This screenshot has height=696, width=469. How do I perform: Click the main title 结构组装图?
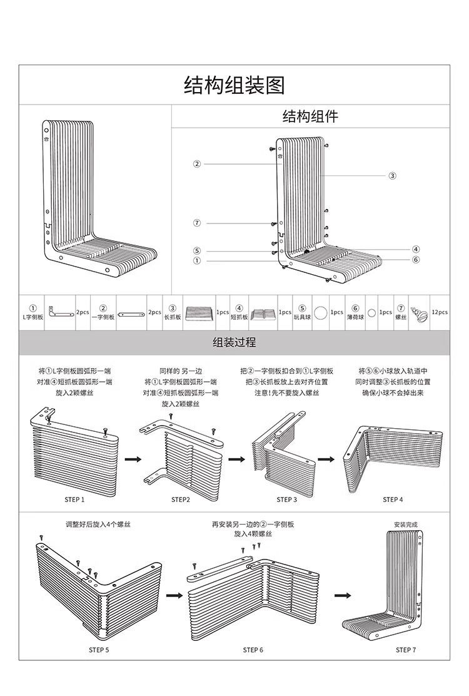pyautogui.click(x=234, y=84)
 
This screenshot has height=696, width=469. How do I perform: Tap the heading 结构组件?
pyautogui.click(x=311, y=116)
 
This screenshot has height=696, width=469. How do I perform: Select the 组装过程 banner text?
pyautogui.click(x=234, y=343)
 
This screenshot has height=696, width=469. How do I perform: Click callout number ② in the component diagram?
pyautogui.click(x=197, y=164)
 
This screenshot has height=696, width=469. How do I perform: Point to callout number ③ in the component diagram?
pyautogui.click(x=392, y=176)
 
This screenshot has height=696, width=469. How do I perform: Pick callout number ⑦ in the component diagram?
pyautogui.click(x=197, y=223)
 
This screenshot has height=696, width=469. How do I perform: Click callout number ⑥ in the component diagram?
pyautogui.click(x=416, y=259)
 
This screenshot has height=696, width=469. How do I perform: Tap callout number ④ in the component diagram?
pyautogui.click(x=416, y=249)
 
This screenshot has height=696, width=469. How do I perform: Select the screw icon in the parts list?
pyautogui.click(x=419, y=312)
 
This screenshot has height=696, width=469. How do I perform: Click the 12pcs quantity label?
pyautogui.click(x=439, y=312)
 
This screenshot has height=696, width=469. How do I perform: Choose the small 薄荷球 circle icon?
pyautogui.click(x=371, y=312)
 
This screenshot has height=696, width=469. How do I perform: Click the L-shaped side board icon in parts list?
pyautogui.click(x=61, y=312)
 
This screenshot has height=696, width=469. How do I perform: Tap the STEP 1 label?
pyautogui.click(x=74, y=499)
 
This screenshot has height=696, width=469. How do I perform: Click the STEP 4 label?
pyautogui.click(x=393, y=499)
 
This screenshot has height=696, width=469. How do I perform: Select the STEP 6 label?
pyautogui.click(x=253, y=650)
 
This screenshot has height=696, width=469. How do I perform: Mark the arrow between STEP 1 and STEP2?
pyautogui.click(x=132, y=459)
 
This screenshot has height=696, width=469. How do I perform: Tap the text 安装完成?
pyautogui.click(x=405, y=525)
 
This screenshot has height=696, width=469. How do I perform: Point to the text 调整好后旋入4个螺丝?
pyautogui.click(x=98, y=524)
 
